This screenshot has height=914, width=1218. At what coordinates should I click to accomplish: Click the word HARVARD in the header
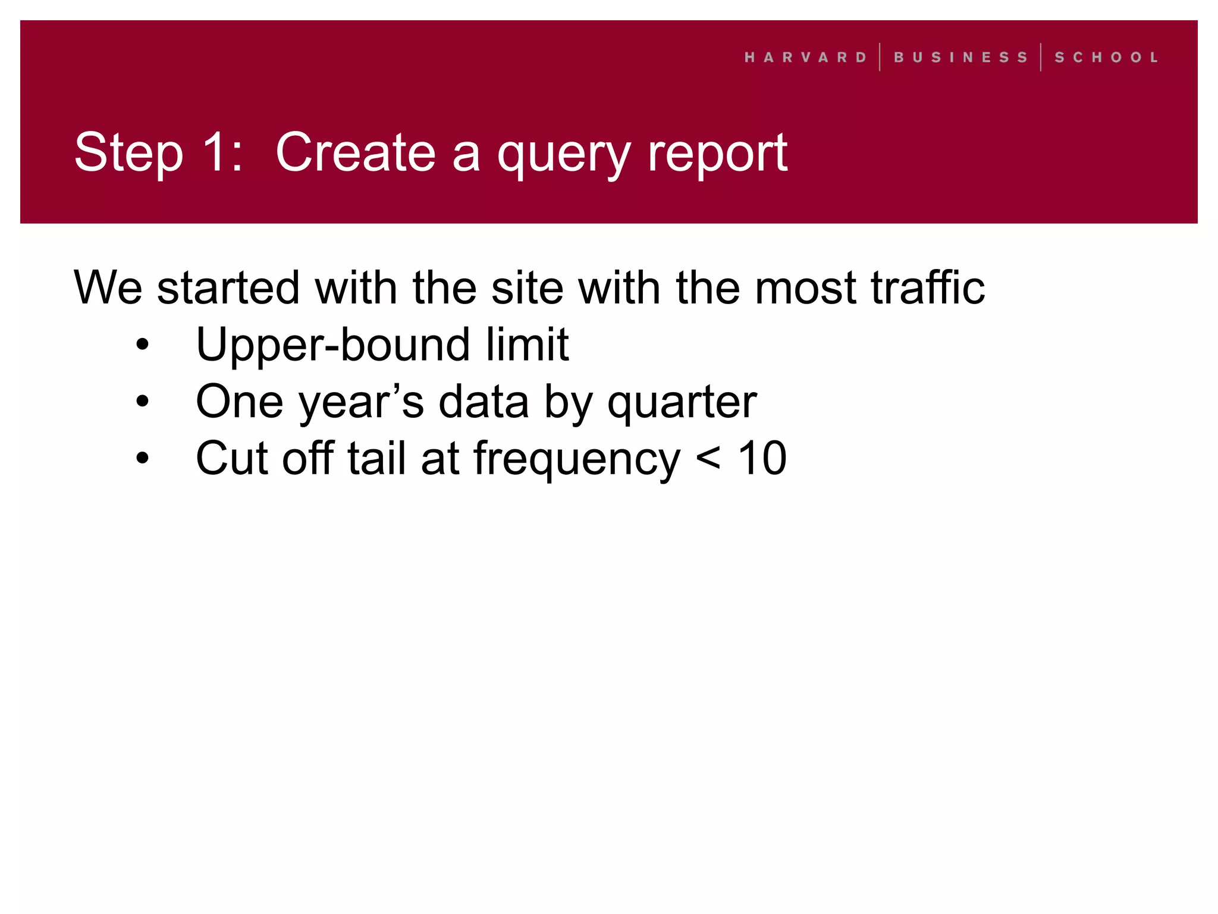point(805,58)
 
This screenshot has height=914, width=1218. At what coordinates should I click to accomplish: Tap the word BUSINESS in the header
point(960,58)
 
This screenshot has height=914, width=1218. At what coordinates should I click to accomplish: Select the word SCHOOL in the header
point(1106,58)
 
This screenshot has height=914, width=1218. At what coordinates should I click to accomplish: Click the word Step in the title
point(128,154)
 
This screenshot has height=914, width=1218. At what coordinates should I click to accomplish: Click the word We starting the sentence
point(108,288)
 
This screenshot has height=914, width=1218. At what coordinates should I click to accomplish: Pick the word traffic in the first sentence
point(928,288)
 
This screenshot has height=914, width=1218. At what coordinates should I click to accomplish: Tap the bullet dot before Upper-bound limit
point(142,345)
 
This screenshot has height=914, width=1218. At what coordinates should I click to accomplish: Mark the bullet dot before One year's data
point(142,402)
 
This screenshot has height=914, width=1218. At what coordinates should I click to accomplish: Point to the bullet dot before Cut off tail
point(142,458)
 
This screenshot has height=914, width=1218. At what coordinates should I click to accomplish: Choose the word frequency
point(576,460)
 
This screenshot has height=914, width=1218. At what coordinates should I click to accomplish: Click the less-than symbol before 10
point(708,459)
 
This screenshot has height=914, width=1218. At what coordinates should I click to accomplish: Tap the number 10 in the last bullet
point(762,458)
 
